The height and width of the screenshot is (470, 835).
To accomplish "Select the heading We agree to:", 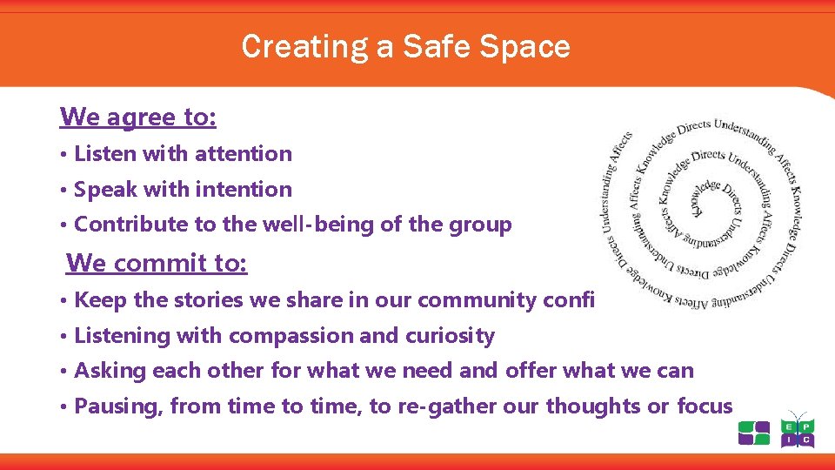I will [138, 116].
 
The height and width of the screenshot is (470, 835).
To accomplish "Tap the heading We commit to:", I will [157, 262].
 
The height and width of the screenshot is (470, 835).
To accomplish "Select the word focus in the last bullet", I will [705, 406].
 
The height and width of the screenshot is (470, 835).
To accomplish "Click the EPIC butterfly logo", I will [797, 430].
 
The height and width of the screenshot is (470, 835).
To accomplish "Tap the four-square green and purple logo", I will [754, 433].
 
